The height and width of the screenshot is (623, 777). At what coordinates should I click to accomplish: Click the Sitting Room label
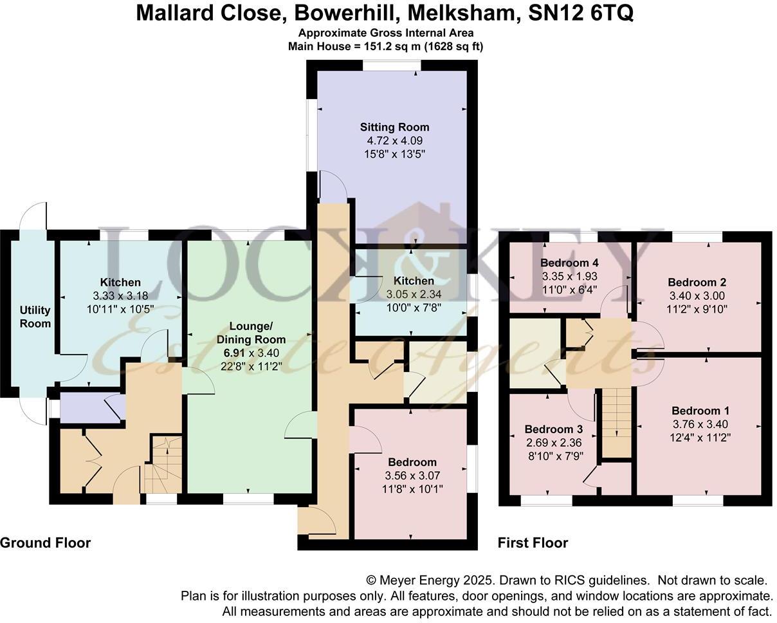(x=394, y=127)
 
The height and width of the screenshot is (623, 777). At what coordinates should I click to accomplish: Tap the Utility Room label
(x=35, y=317)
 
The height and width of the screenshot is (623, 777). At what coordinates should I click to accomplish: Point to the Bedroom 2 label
(x=697, y=282)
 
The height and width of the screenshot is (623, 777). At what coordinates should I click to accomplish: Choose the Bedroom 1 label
(x=700, y=411)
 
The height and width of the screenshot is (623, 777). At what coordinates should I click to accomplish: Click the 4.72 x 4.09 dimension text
(x=394, y=140)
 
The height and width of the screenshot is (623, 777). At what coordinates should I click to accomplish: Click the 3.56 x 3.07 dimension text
(x=412, y=476)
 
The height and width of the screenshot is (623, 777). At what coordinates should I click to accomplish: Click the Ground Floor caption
(x=45, y=543)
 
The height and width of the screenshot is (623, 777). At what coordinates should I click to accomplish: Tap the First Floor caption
(x=533, y=543)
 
